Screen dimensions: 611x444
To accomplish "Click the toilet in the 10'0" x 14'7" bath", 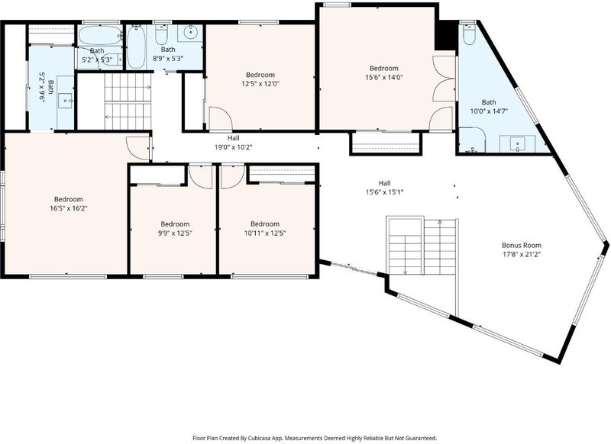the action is [x=468, y=34].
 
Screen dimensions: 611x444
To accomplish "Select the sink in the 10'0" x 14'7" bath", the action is [x=518, y=144].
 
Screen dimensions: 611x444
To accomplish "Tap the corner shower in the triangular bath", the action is [x=471, y=140].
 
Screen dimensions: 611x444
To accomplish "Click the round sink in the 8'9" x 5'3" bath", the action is [x=190, y=33].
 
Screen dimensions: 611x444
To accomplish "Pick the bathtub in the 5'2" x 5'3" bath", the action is [x=101, y=35].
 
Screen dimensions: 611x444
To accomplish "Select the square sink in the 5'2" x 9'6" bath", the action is [x=65, y=101].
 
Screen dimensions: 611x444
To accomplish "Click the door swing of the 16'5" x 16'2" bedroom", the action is [x=138, y=148].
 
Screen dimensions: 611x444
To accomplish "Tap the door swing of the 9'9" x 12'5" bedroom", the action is [x=200, y=177].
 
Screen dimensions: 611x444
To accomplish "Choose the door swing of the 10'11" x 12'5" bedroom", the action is [x=233, y=177].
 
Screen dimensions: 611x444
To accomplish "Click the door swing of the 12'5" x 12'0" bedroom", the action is [x=221, y=118].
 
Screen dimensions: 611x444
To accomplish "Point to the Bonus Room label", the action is [x=522, y=246].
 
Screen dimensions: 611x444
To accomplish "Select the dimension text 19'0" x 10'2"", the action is [x=234, y=147].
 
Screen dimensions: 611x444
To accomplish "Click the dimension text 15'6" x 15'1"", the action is [x=384, y=191].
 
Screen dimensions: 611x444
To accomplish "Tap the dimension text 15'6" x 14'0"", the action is [x=384, y=77].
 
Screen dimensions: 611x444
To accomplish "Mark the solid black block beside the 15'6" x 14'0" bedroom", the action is [x=445, y=34].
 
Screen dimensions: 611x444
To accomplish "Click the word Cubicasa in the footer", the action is [x=259, y=438].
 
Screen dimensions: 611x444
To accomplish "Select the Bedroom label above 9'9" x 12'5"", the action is [x=175, y=224].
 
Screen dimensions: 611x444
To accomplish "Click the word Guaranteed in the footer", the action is [x=423, y=438].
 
